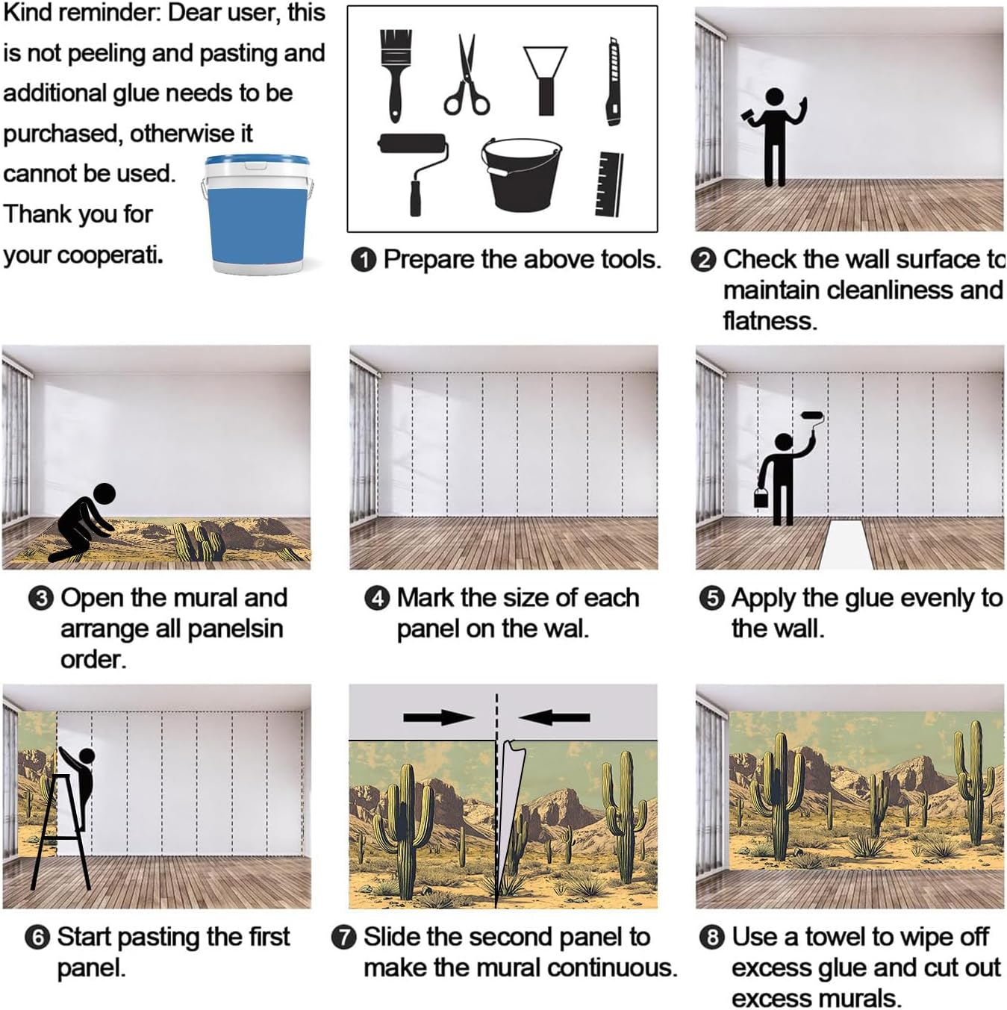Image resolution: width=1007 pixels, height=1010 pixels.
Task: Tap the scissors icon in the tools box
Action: [466, 75]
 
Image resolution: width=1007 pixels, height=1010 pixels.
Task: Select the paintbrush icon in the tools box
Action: [396, 75]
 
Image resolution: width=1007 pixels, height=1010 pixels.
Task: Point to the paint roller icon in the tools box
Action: [414, 174]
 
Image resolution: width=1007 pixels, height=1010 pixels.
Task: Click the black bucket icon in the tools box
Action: [521, 175]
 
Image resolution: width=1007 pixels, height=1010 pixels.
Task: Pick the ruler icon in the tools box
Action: [609, 184]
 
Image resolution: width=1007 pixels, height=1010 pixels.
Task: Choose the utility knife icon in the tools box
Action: [614, 81]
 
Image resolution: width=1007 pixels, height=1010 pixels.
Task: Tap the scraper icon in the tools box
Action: [545, 80]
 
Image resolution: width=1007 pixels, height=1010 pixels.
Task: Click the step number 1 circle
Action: [364, 260]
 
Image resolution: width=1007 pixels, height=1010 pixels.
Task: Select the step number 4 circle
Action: [378, 598]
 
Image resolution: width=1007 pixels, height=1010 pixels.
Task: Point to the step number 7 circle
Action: [344, 937]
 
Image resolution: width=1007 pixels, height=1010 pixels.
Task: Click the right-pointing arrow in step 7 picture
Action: [439, 717]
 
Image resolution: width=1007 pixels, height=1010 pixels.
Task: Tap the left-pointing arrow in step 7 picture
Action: [554, 717]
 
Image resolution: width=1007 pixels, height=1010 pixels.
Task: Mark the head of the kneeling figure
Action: [105, 494]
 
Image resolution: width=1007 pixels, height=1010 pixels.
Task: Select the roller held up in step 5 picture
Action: [812, 416]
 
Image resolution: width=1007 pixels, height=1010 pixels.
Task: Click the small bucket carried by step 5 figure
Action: [761, 497]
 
